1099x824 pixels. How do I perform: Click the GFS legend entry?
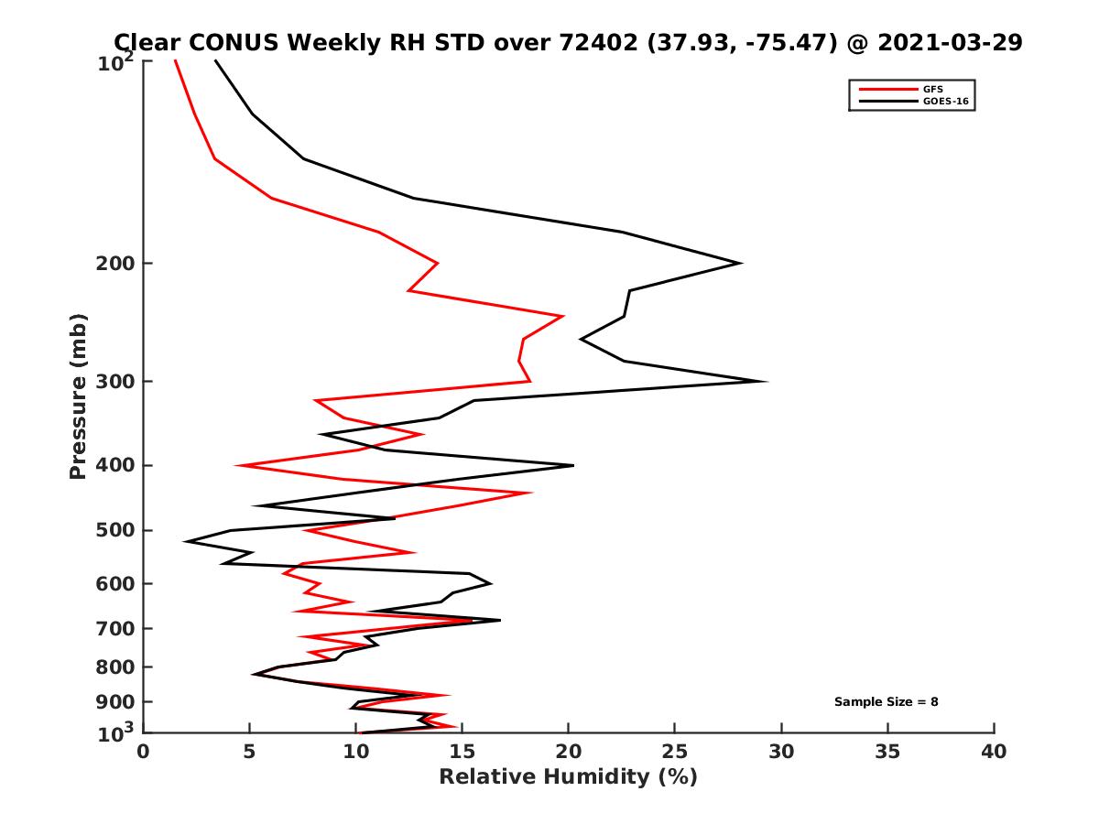932,90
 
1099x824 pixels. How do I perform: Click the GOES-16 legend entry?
944,102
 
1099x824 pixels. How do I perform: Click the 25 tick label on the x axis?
675,752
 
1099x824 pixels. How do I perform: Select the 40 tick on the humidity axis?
994,752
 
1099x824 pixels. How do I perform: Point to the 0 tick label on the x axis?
144,752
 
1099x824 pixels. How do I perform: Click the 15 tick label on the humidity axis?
462,752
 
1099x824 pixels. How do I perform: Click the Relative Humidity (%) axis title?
568,777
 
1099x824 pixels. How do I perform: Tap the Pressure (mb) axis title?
79,396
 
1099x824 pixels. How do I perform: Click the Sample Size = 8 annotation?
886,702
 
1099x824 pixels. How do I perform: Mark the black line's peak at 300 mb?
767,382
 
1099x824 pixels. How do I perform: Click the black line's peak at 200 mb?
740,264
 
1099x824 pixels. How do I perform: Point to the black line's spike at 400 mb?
573,466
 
